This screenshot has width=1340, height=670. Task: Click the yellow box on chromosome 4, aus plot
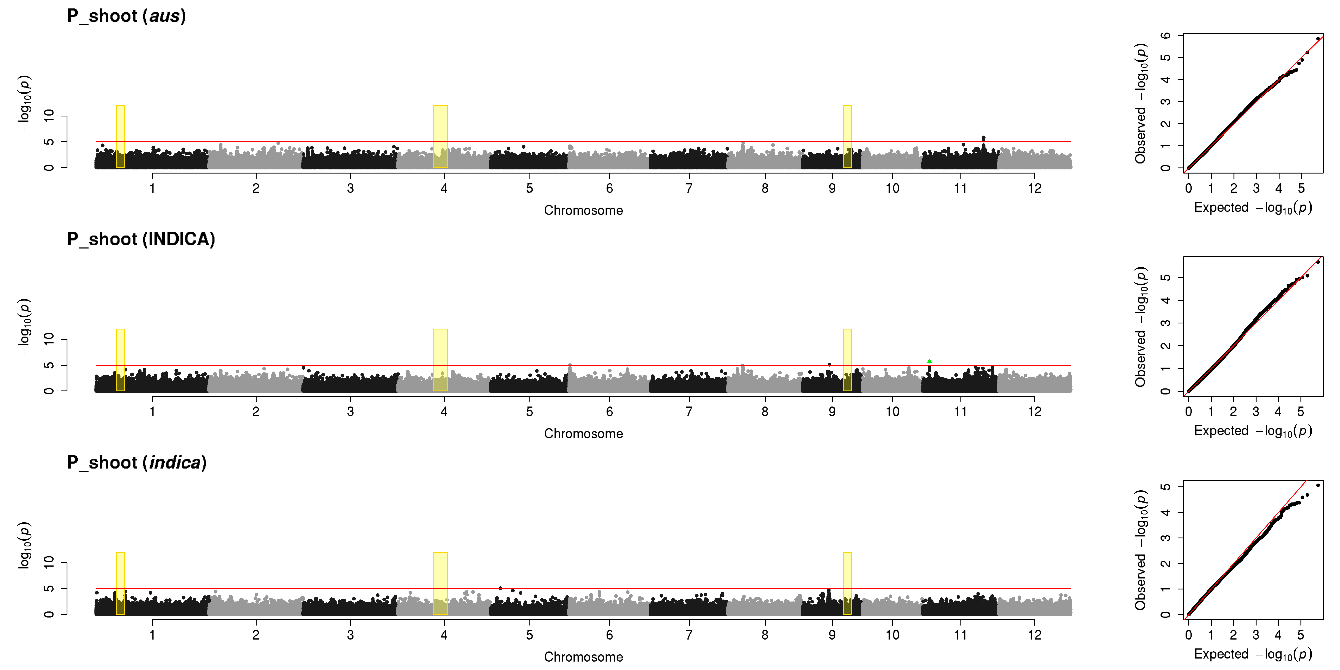pos(440,137)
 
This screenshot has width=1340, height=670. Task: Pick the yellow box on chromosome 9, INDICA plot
pos(847,360)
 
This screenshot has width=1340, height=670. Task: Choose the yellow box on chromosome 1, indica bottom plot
pos(120,583)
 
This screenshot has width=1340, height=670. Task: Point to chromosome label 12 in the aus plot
pos(1035,188)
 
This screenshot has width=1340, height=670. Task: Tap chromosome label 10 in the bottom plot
pos(893,635)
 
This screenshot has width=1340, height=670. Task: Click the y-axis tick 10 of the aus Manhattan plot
pos(49,115)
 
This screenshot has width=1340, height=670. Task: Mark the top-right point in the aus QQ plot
pos(1318,39)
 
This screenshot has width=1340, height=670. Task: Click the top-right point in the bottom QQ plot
pos(1318,485)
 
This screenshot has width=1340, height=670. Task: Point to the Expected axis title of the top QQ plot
pos(1253,208)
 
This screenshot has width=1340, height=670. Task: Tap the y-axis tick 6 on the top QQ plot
pos(1165,35)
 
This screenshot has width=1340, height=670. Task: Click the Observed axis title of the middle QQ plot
pos(1141,327)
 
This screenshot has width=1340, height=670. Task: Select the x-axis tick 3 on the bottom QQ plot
pos(1256,635)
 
